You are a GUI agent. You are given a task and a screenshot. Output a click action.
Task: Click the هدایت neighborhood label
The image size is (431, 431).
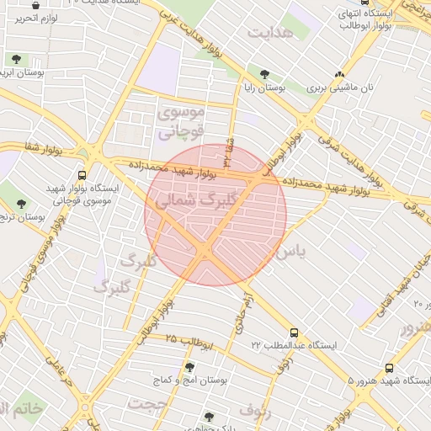pos(272,31)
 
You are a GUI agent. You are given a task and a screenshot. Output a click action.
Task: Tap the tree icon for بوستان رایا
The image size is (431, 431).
pos(266,74)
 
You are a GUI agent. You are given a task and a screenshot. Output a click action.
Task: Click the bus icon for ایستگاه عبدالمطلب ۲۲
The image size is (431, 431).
pos(293,333)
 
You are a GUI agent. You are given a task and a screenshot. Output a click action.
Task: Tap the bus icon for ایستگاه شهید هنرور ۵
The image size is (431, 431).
pos(389,368)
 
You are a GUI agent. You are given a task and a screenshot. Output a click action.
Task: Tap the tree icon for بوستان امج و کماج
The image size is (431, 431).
pos(189,367)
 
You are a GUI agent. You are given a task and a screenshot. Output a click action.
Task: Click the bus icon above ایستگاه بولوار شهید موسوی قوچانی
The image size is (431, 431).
pos(81,175)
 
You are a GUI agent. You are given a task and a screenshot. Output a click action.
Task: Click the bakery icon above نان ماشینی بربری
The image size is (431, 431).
pos(339,74)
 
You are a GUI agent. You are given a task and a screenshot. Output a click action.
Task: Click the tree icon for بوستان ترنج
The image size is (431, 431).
pos(21,203)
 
